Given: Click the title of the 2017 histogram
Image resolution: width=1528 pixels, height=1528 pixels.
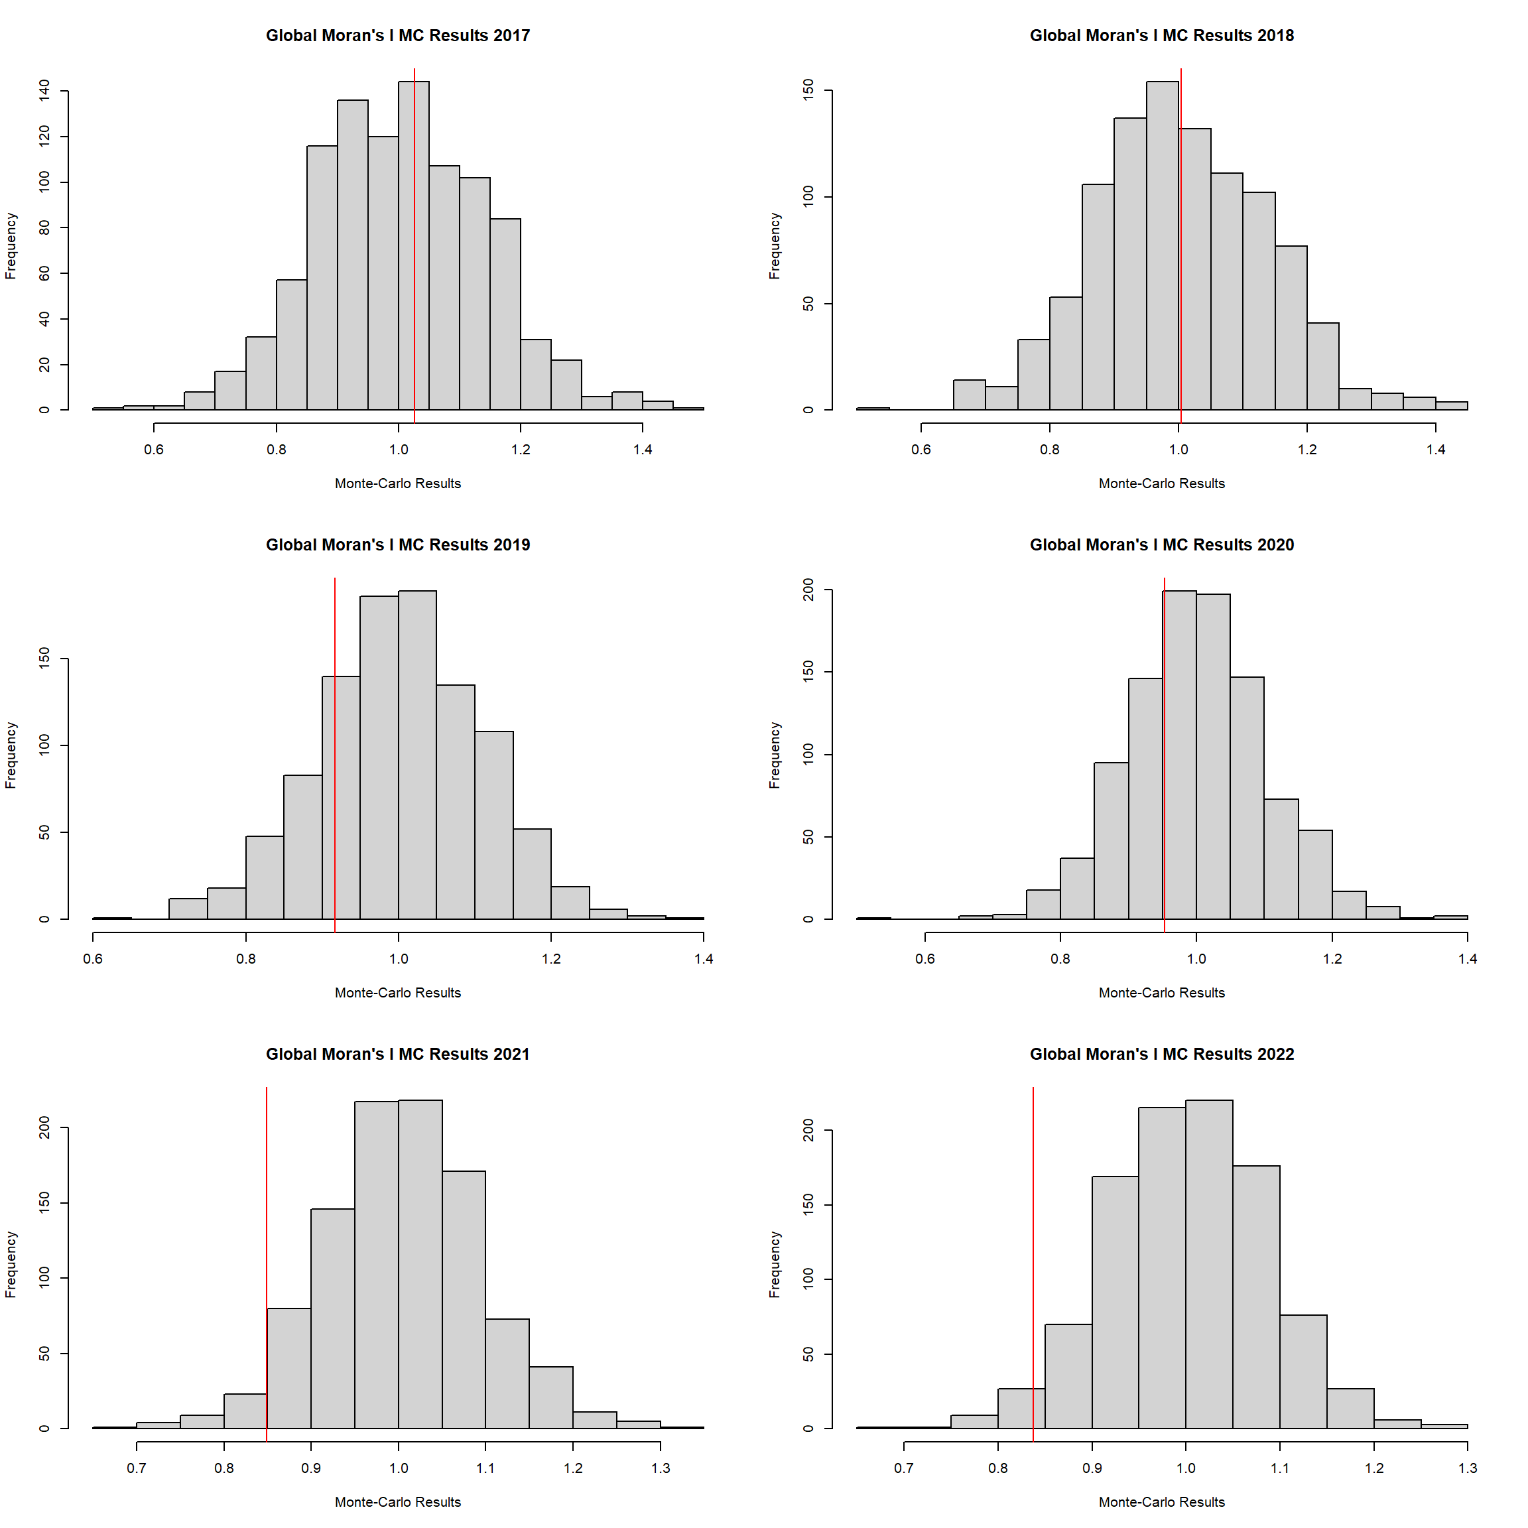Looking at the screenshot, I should [398, 36].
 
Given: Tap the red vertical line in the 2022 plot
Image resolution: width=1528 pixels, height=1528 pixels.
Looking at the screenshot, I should [1033, 1265].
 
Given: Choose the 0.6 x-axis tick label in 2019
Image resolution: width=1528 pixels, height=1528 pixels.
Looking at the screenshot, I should [94, 958].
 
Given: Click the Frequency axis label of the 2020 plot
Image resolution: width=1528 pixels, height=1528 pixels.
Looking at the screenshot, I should [775, 755].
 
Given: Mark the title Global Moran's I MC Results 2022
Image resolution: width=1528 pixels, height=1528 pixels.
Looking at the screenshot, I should [1162, 1054].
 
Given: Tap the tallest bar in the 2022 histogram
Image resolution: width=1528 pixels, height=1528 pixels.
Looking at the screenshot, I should [1209, 1265].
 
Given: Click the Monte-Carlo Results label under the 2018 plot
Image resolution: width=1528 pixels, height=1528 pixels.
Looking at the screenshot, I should [1162, 483].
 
